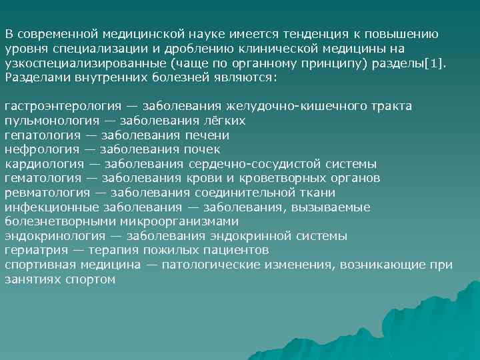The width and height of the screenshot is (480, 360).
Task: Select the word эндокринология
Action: click(53, 236)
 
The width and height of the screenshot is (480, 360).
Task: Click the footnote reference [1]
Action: click(438, 63)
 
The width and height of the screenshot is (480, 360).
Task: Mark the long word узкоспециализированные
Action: click(85, 63)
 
